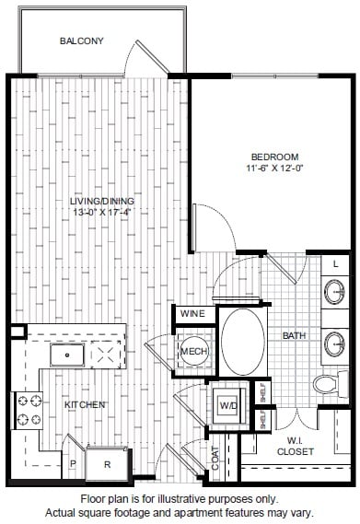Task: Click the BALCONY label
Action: [x=82, y=41]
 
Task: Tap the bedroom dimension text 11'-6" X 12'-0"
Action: [x=274, y=169]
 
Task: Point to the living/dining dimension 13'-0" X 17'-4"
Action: [x=101, y=212]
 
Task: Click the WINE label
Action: [x=192, y=314]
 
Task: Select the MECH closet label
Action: [x=194, y=351]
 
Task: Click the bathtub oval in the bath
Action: [x=243, y=342]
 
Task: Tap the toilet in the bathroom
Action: [x=331, y=384]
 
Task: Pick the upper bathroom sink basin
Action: [x=334, y=292]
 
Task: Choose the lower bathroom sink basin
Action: [x=334, y=344]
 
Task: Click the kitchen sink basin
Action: [x=67, y=355]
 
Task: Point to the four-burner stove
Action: [x=28, y=411]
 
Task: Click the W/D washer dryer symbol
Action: [x=228, y=405]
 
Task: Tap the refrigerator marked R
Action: [x=107, y=463]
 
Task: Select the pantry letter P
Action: [x=74, y=463]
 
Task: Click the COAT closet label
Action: [x=215, y=458]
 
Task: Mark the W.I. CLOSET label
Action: [x=296, y=447]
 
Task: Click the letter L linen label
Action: [x=335, y=264]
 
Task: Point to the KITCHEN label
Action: [x=85, y=404]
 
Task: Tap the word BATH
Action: [x=294, y=335]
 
